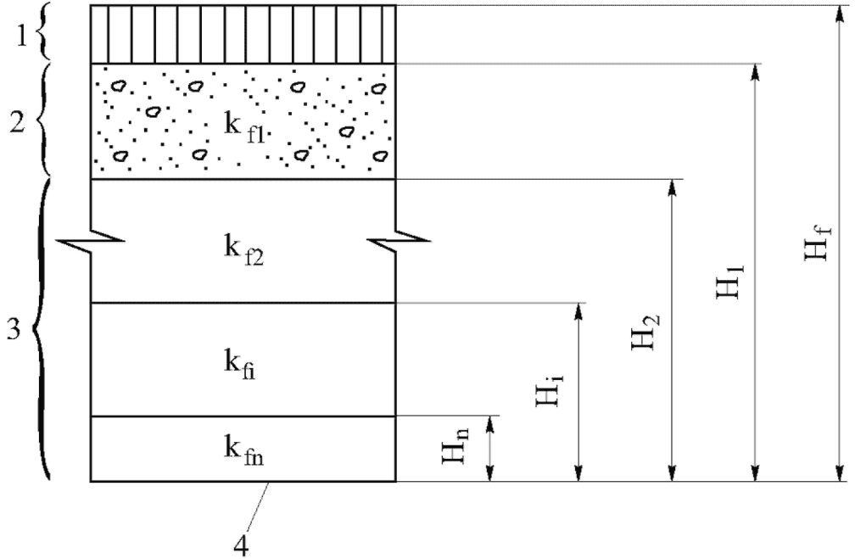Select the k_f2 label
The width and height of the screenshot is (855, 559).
click(244, 253)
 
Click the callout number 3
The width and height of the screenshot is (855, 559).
click(12, 328)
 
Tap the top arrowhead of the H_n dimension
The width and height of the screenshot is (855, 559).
click(489, 422)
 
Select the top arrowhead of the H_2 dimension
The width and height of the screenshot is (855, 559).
click(672, 186)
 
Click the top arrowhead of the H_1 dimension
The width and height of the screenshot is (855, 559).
click(753, 70)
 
